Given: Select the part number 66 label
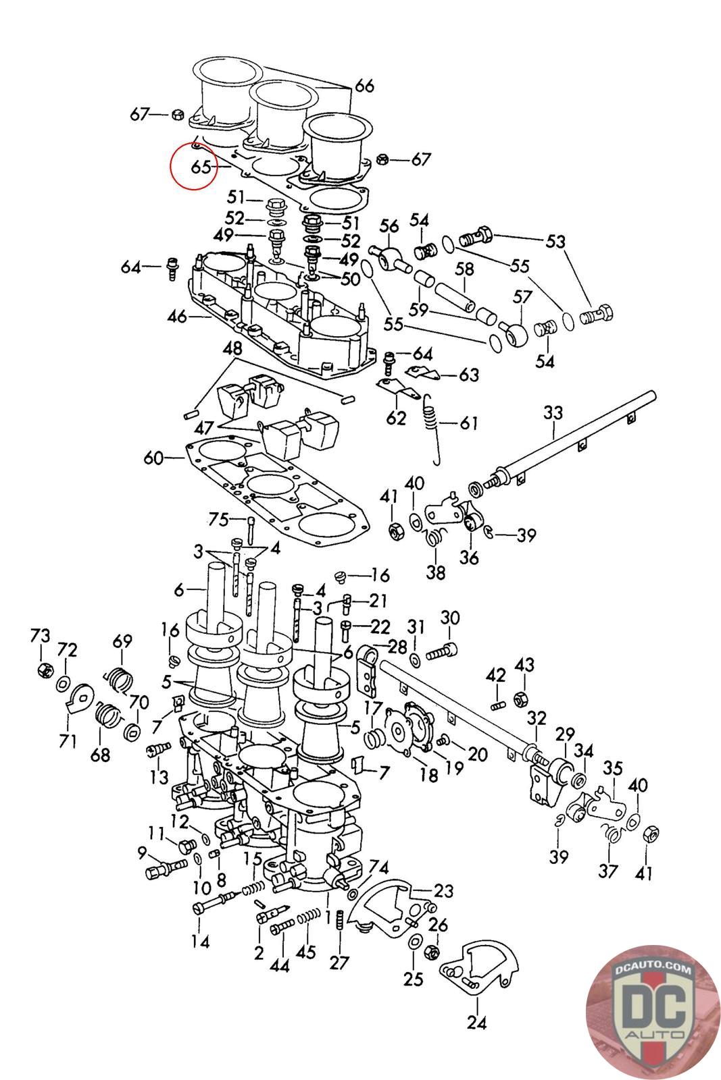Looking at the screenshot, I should coord(364,86).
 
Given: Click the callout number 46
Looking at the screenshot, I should coord(177,316).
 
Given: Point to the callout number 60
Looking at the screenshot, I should coord(153,458).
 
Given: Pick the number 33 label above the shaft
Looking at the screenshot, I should coord(553,412).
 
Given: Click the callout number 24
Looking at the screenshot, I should coord(476,1022).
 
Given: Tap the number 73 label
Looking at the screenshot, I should coord(40,636).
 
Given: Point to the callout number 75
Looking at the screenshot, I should coord(218,518).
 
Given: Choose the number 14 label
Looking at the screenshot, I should coord(201,941).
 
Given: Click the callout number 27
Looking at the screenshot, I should coord(340,963).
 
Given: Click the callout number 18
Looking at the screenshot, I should coord(428,775).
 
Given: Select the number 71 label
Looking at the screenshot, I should coord(68,742).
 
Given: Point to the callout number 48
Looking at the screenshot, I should coord(232,348).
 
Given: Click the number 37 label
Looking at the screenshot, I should coord(608,871).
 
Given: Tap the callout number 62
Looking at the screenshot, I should coord(396,418).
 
